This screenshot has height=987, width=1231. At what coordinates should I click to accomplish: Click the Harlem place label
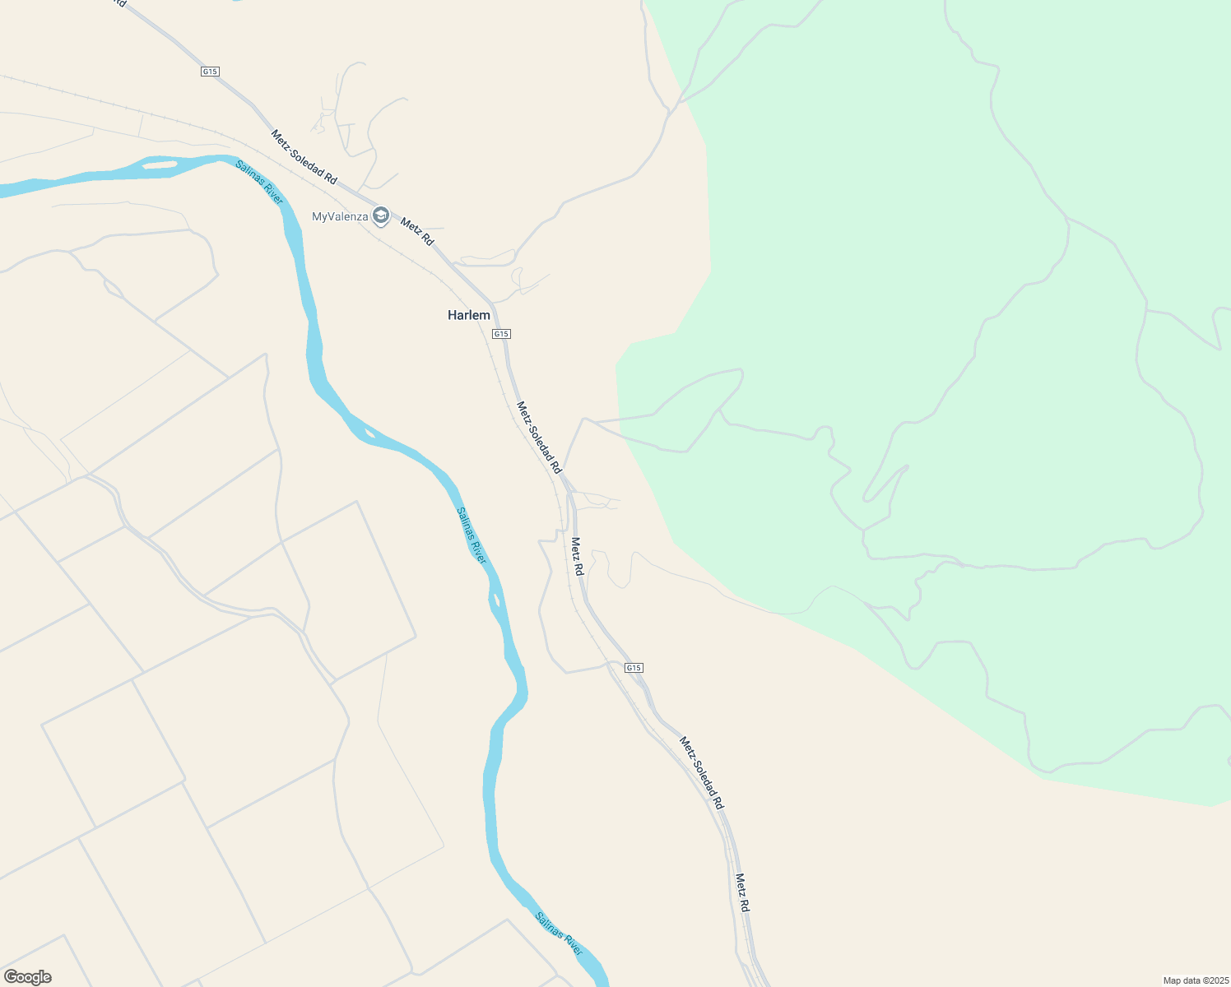point(468,315)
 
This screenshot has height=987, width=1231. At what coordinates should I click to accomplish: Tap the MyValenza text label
point(340,217)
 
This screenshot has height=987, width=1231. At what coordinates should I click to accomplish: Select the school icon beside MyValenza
point(380,216)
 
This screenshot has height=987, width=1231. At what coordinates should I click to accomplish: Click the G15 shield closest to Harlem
point(501,334)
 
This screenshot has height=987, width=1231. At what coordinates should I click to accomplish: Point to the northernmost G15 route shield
point(210,72)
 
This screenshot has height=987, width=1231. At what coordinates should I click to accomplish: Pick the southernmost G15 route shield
point(634,668)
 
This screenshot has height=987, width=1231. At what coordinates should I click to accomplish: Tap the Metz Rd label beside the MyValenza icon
point(417,231)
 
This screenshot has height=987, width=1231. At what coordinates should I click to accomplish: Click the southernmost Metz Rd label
point(742,892)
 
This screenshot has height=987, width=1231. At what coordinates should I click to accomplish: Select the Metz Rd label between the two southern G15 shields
point(578,557)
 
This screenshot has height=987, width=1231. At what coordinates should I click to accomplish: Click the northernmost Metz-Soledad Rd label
point(304,156)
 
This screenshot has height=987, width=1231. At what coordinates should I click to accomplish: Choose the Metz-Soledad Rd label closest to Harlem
point(539,438)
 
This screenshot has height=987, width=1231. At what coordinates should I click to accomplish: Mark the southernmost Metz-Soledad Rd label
point(701,772)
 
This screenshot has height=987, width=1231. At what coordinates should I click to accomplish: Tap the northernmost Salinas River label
point(259,183)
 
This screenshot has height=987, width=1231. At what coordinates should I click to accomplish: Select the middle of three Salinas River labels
point(471,535)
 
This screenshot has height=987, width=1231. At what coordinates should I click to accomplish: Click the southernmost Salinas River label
point(559,934)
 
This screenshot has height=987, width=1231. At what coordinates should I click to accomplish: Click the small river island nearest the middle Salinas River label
point(495,599)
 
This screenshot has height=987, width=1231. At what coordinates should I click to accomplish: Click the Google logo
point(28,977)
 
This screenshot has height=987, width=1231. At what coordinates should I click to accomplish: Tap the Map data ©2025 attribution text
point(1196,980)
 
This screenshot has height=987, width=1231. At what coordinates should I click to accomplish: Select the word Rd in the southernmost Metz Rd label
point(745,904)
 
